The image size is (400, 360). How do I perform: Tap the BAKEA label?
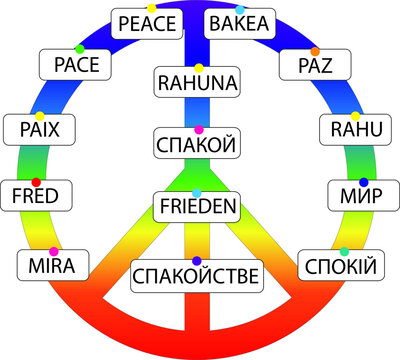[x=240, y=23]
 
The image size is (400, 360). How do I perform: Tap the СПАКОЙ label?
[x=197, y=144]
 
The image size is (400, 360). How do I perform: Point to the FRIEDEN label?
[x=197, y=207]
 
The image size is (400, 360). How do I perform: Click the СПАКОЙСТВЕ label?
[x=197, y=274]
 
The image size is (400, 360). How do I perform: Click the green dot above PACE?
[x=79, y=49]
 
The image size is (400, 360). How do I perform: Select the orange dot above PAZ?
[x=315, y=50]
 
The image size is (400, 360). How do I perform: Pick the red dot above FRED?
[x=36, y=181]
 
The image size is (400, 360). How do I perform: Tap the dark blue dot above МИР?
[x=363, y=181]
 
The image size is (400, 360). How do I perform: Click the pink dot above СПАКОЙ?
[x=198, y=130]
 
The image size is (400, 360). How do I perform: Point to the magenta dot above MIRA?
[x=53, y=250]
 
